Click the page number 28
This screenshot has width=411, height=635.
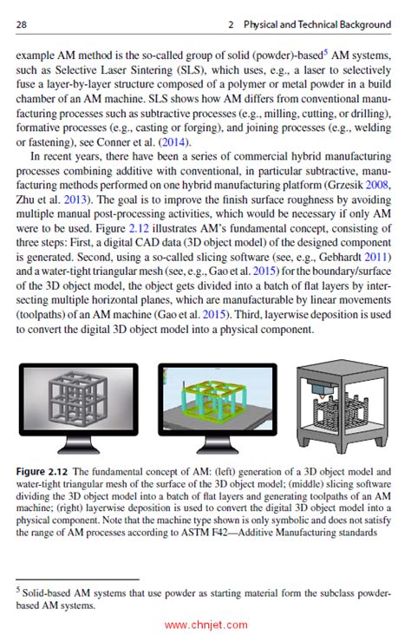pyautogui.click(x=22, y=26)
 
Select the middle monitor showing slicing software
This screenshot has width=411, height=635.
pyautogui.click(x=216, y=407)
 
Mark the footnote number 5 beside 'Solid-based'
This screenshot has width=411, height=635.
pyautogui.click(x=20, y=590)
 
